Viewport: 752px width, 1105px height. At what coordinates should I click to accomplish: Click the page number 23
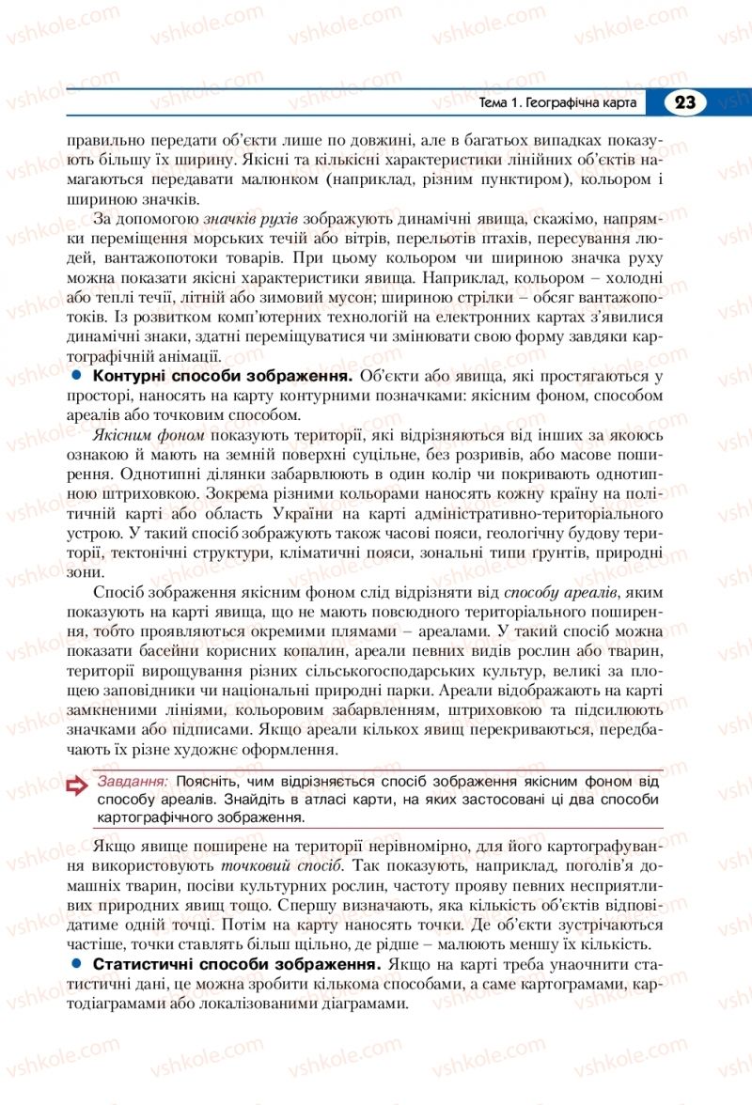coord(685,102)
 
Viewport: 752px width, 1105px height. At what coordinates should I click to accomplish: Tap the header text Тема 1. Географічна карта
coord(558,102)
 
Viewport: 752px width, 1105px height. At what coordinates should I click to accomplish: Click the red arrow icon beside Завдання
coord(77,788)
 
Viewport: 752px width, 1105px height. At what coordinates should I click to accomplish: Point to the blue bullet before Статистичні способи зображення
coord(77,964)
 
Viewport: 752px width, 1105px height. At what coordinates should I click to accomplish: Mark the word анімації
coord(191,357)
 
